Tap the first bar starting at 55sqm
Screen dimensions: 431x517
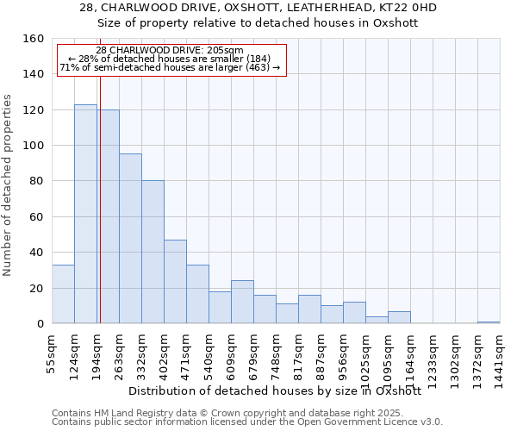tap(63, 294)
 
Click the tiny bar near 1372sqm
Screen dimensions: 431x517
tap(489, 322)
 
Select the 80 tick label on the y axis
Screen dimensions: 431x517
tap(36, 181)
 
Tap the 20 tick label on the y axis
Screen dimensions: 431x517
tap(36, 288)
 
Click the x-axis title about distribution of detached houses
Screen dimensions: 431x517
tap(280, 390)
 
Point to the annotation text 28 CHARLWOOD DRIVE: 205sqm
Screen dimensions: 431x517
tap(170, 51)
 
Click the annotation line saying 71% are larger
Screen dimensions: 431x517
tap(170, 68)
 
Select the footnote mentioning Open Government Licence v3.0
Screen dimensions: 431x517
tap(247, 422)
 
